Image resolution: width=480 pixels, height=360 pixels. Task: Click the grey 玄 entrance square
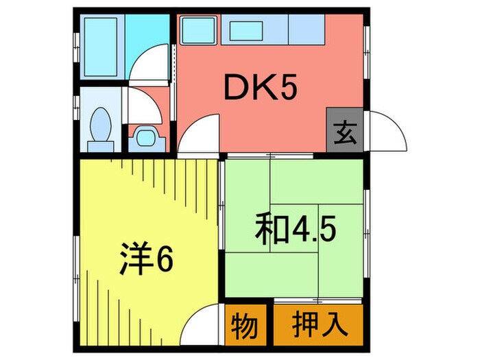tap(345, 130)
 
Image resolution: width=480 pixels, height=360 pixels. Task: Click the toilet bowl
tap(102, 126)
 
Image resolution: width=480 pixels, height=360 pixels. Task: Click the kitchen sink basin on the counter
tap(243, 29)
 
